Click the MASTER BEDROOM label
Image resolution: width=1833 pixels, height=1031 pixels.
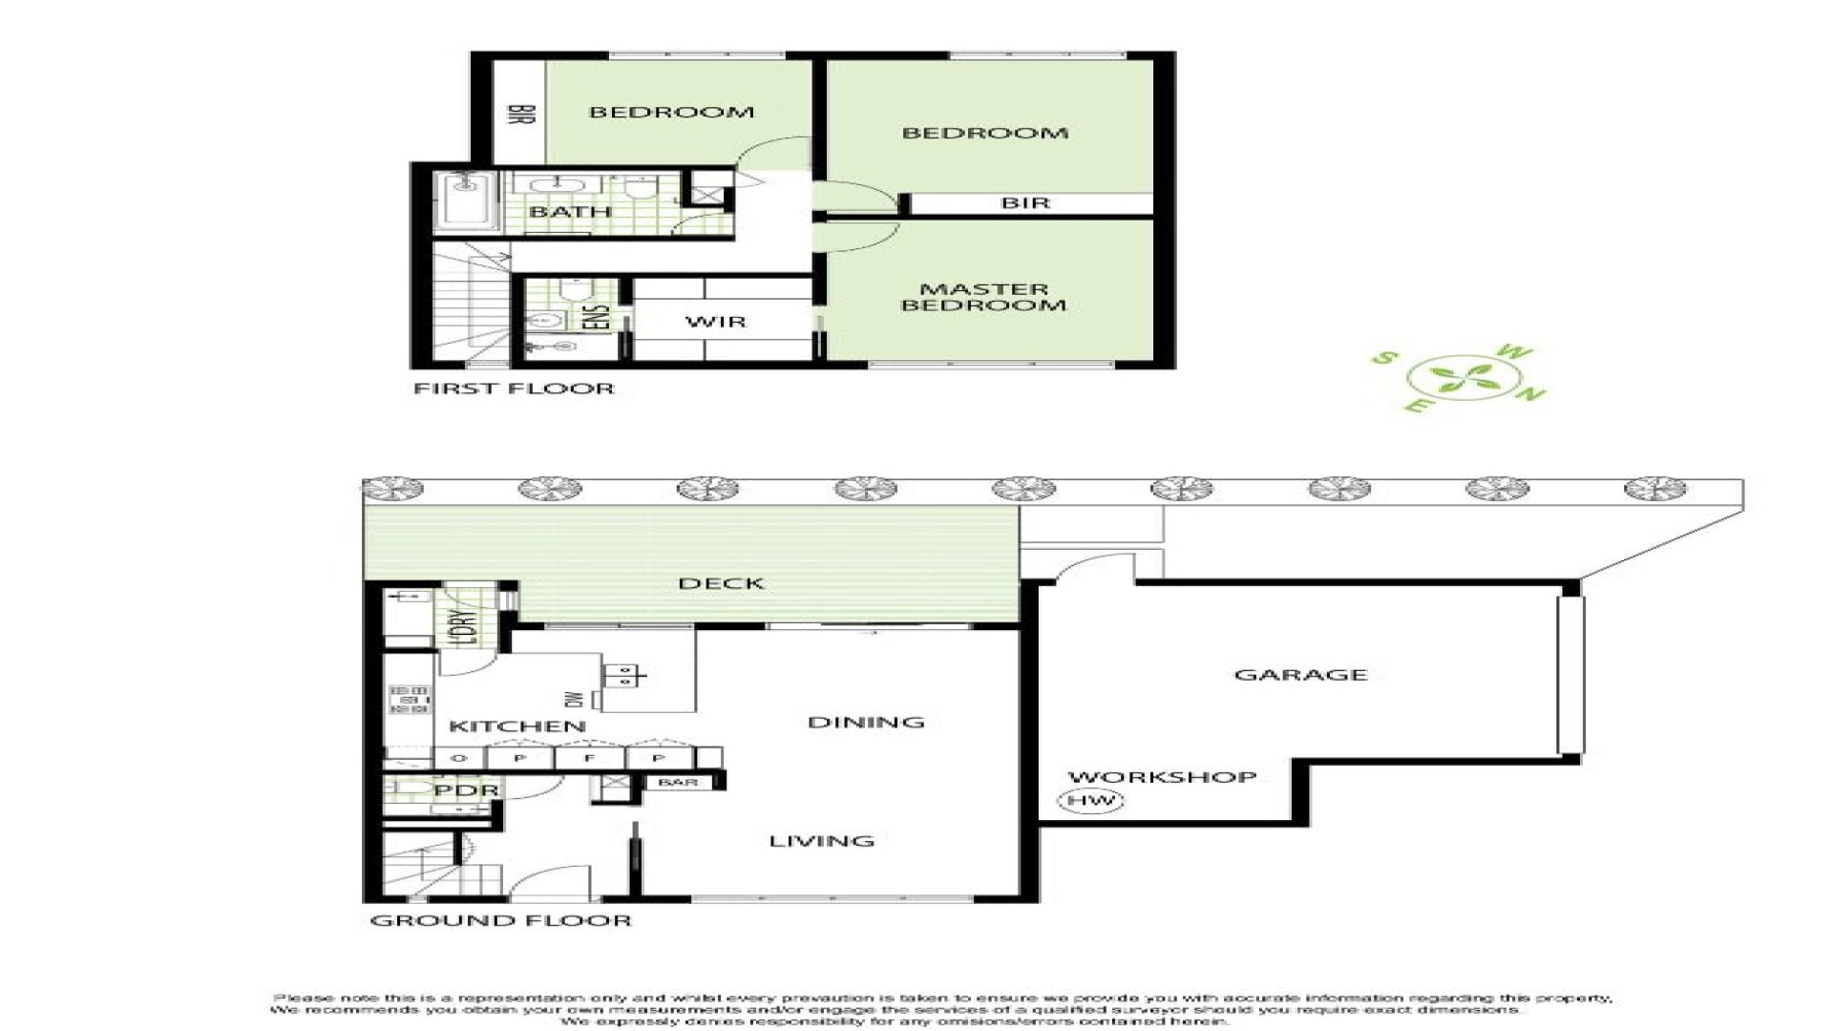point(983,297)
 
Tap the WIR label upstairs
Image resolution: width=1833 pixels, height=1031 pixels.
point(715,322)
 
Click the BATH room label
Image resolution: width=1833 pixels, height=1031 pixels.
point(570,212)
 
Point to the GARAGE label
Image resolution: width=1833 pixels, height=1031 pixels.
point(1300,675)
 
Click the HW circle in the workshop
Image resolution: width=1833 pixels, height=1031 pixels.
point(1090,801)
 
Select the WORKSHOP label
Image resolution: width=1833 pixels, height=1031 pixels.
point(1161,777)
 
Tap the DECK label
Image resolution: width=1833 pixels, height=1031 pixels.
point(721,583)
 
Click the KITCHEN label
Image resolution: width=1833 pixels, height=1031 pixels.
point(516,726)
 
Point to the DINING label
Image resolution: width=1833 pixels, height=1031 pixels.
point(866,722)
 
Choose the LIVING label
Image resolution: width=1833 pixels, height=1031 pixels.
point(821,841)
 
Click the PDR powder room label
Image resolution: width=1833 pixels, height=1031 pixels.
point(466,791)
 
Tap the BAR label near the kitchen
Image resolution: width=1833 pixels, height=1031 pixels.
point(678,783)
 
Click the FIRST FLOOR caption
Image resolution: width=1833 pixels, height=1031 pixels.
point(514,389)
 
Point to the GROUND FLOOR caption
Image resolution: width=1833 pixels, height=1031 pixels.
point(500,920)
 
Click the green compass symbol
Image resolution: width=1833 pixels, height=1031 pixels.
point(1461,379)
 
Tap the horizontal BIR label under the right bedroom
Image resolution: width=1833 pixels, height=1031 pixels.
point(1025,203)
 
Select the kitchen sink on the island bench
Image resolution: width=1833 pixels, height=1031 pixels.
point(622,676)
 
